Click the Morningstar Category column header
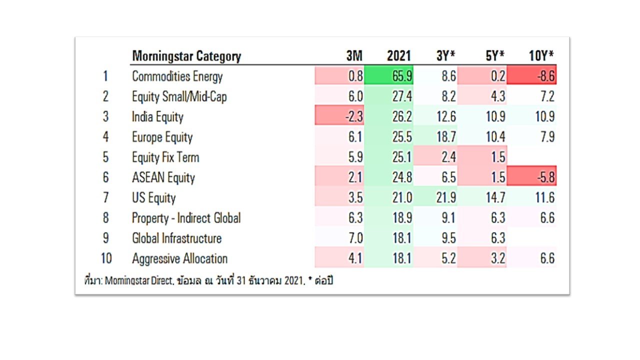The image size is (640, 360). (x=186, y=56)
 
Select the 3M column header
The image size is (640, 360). (x=354, y=55)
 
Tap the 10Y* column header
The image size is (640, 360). (x=541, y=55)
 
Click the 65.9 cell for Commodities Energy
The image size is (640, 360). (x=389, y=75)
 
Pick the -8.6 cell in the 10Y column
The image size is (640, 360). (x=531, y=75)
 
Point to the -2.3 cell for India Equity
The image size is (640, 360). (x=339, y=115)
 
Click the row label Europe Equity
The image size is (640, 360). (x=162, y=137)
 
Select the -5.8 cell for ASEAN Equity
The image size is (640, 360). (x=531, y=176)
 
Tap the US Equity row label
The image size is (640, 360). (x=153, y=197)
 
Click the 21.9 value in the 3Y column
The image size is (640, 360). (x=446, y=197)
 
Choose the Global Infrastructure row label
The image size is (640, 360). (x=177, y=238)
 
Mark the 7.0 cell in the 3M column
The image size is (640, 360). (x=355, y=237)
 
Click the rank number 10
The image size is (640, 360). (x=106, y=258)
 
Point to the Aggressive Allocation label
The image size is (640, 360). (x=179, y=258)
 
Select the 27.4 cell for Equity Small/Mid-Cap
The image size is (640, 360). (x=402, y=96)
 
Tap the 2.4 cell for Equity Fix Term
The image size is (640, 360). (x=448, y=157)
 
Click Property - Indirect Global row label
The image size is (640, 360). (x=186, y=218)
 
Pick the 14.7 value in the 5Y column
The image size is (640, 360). (x=495, y=197)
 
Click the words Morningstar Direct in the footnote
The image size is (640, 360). (x=139, y=280)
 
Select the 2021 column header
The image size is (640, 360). (x=399, y=55)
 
